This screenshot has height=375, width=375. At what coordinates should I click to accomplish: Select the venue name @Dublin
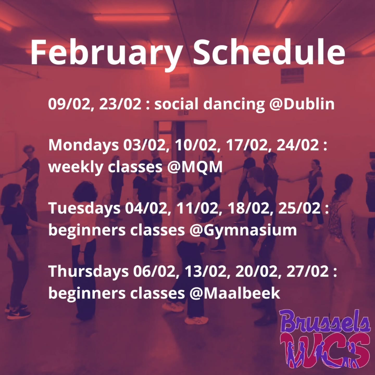[x=302, y=104]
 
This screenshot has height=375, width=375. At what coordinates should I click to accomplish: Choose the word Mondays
[x=83, y=145]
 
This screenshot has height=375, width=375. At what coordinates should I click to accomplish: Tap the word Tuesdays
[x=84, y=208]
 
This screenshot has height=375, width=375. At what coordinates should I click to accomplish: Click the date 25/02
[x=299, y=208]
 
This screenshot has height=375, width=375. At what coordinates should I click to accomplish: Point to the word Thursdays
[x=89, y=271]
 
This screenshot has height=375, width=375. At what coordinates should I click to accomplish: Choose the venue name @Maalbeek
[x=235, y=293]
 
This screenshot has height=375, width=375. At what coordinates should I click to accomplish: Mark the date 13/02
[x=205, y=271]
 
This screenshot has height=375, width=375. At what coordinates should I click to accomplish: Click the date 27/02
[x=308, y=271]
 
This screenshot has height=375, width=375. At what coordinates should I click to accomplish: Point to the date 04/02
[x=146, y=208]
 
